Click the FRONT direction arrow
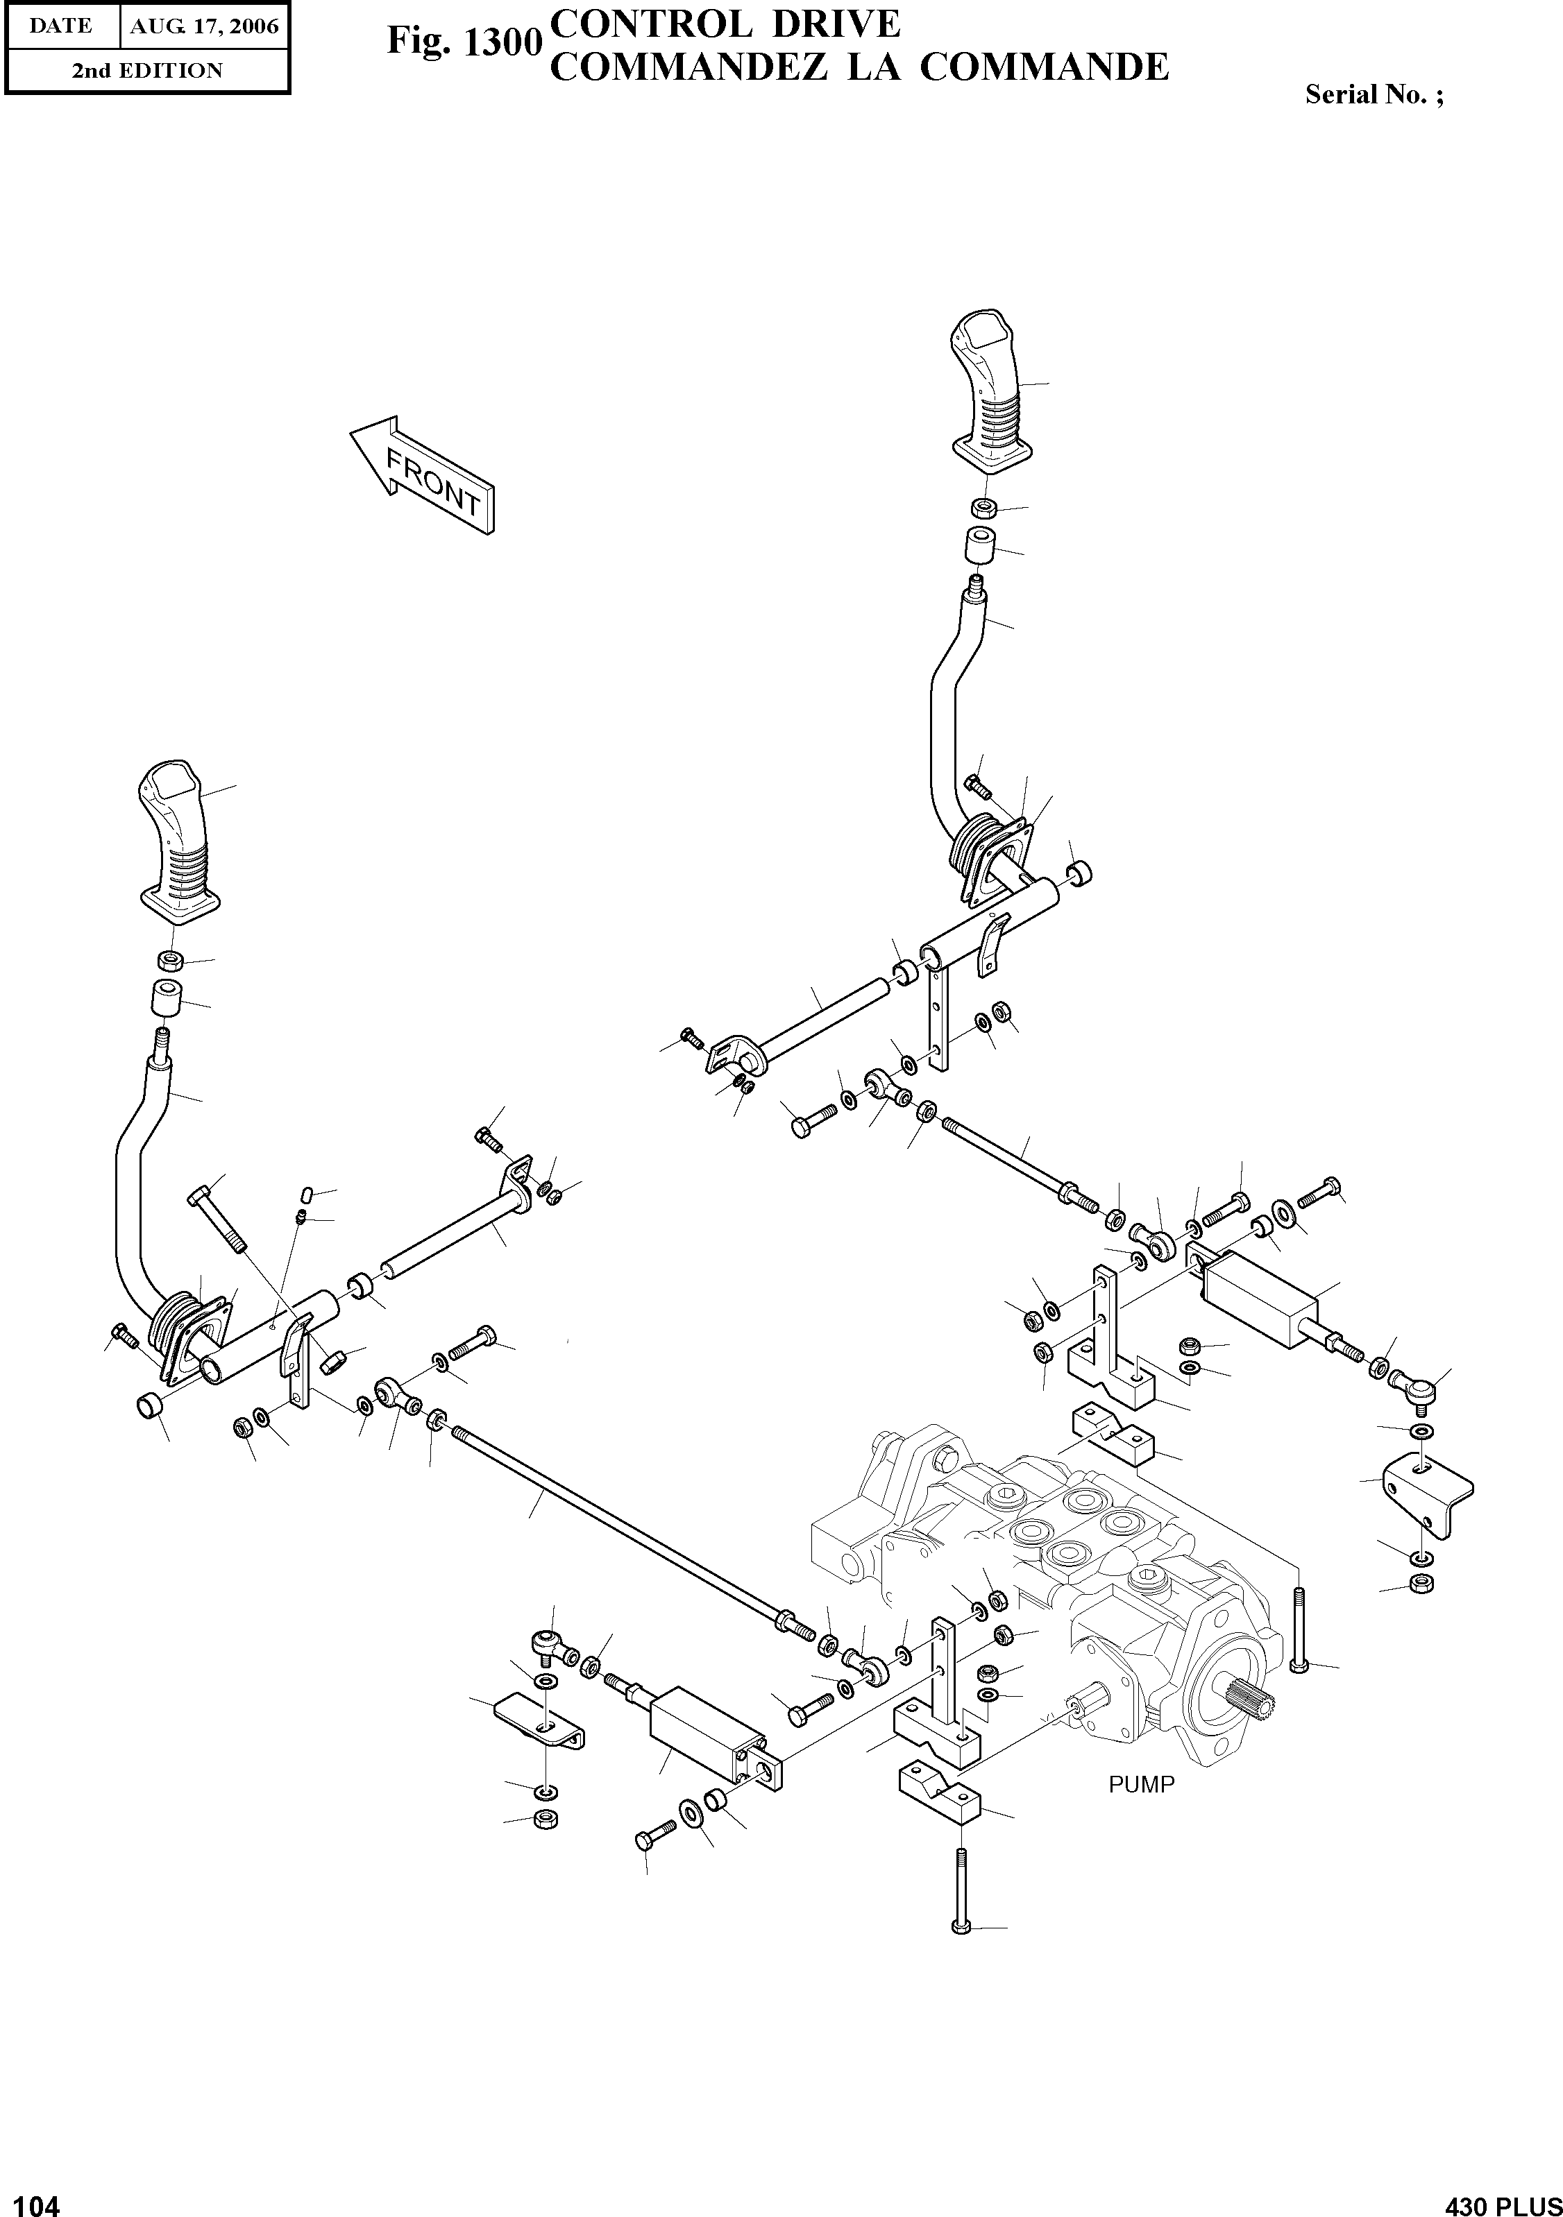pyautogui.click(x=422, y=476)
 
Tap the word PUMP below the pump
pyautogui.click(x=1141, y=1784)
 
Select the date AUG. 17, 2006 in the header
pyautogui.click(x=204, y=27)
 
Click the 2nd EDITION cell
pyautogui.click(x=147, y=71)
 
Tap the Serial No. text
pyautogui.click(x=1374, y=94)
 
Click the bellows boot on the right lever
pyautogui.click(x=977, y=848)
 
